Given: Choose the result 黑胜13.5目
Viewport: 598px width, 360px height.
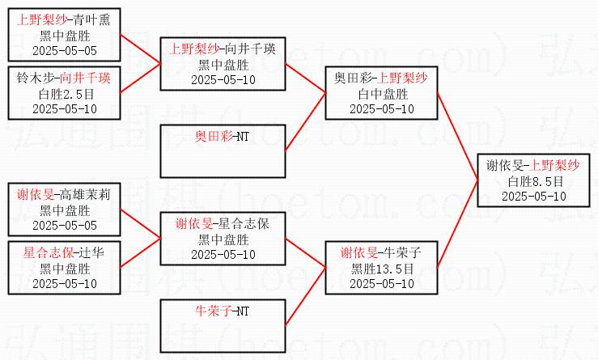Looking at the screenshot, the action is click(x=382, y=268).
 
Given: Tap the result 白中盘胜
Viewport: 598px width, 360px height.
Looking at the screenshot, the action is click(x=382, y=93).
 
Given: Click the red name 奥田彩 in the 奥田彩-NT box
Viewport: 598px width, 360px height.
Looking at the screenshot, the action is click(x=211, y=135).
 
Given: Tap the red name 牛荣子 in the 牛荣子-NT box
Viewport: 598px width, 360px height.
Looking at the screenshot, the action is click(x=211, y=310).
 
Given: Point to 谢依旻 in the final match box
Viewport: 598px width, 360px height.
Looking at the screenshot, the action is click(x=503, y=166).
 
